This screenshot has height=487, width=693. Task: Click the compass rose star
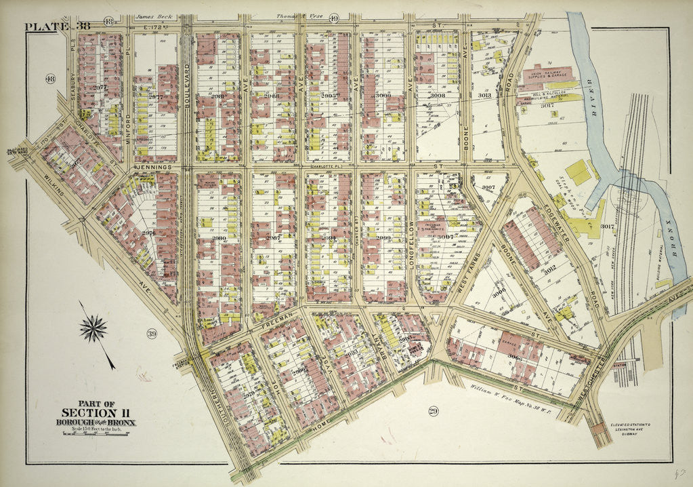pos(93,328)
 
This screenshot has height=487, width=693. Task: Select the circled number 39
pos(151,333)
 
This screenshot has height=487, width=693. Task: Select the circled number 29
pos(431,410)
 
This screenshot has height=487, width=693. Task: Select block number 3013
pos(484,96)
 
